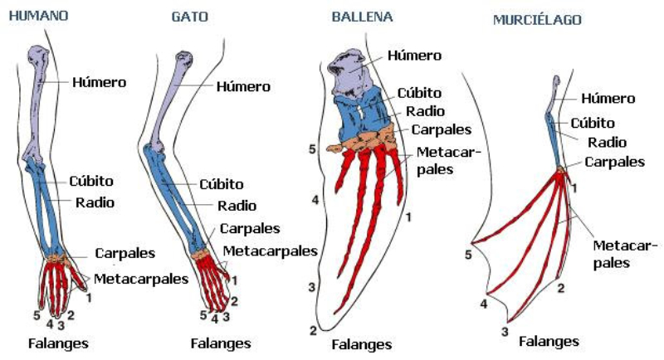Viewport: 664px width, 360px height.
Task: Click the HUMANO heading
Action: (38, 17)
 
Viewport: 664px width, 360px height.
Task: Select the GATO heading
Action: (189, 17)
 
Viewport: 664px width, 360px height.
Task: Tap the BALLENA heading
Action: (362, 17)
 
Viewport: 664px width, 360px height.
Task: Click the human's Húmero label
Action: (99, 82)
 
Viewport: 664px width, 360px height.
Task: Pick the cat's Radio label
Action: (237, 206)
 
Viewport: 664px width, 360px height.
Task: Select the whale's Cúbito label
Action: (420, 93)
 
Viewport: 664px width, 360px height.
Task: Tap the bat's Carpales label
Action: (615, 162)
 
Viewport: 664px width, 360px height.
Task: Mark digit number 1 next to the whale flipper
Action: (408, 217)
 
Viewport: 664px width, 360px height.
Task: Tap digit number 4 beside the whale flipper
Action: (315, 201)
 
